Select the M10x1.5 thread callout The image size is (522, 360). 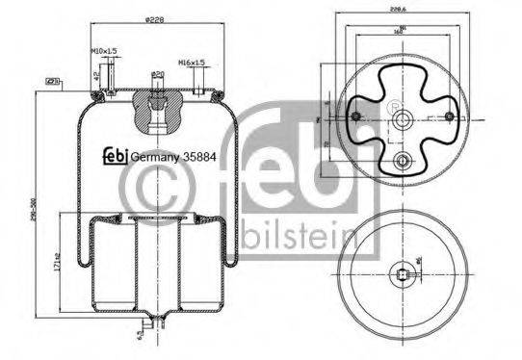point(103,49)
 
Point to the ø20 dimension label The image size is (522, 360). point(155,75)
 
